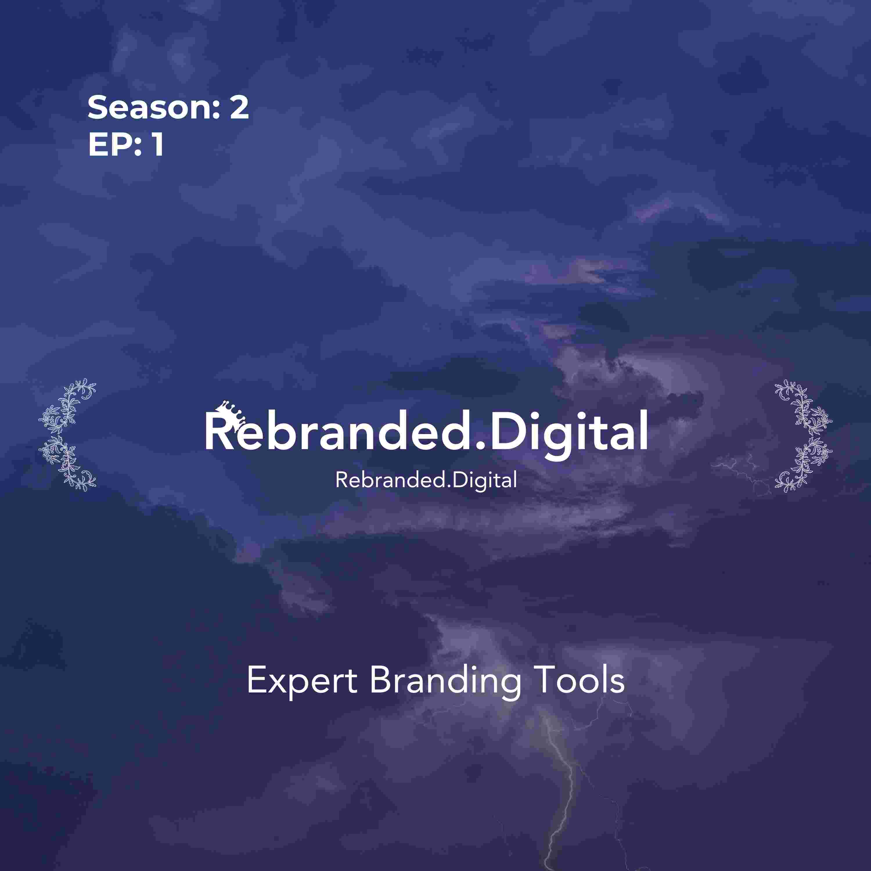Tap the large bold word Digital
569,432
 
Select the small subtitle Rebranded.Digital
426,481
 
